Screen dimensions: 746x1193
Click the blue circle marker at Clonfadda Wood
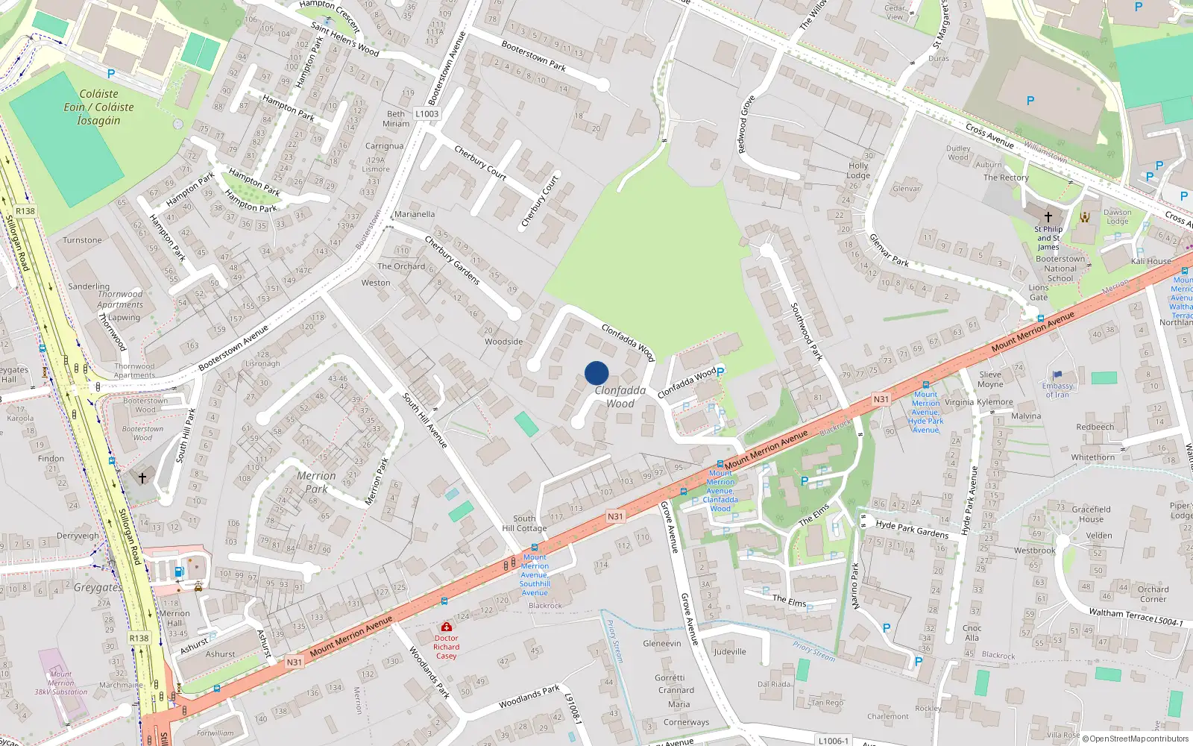tap(596, 373)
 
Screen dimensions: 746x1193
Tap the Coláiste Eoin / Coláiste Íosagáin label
tap(98, 107)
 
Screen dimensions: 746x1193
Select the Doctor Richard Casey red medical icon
tap(446, 627)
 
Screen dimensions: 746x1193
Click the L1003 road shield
tap(427, 114)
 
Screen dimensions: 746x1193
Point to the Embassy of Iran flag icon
tap(1057, 375)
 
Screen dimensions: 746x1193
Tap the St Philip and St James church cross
tap(1048, 216)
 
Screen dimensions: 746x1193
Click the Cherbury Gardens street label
tap(452, 260)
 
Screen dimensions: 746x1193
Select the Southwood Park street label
tap(806, 331)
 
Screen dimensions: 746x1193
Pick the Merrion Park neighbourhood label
tap(316, 482)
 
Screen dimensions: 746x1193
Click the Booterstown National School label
tap(1060, 269)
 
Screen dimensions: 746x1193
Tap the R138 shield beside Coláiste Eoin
tap(25, 211)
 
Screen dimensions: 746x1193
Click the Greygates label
tap(98, 588)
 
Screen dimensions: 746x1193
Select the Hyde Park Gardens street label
tap(912, 529)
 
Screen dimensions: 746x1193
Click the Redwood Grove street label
tap(746, 125)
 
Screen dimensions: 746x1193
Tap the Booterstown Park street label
tap(533, 56)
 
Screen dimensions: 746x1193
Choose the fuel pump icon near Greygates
tap(179, 571)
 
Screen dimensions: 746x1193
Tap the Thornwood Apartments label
tap(120, 299)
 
